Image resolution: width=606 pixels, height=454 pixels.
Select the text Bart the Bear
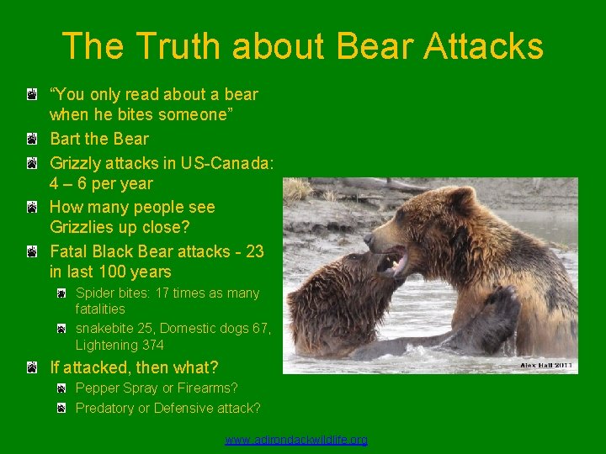(99, 139)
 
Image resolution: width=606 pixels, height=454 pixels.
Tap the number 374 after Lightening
(153, 345)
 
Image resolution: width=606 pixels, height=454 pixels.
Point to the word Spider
(95, 293)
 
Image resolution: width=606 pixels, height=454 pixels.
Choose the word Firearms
(207, 388)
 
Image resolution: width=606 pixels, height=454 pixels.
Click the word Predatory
(105, 408)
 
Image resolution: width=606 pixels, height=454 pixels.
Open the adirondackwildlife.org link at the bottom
(296, 440)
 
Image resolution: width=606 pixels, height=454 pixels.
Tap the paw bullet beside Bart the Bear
(31, 139)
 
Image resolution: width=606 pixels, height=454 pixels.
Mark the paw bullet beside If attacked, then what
(31, 367)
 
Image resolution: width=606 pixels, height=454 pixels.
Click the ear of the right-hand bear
(461, 199)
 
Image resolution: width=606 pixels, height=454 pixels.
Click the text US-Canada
(226, 162)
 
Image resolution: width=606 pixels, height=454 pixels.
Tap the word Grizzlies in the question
(85, 227)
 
